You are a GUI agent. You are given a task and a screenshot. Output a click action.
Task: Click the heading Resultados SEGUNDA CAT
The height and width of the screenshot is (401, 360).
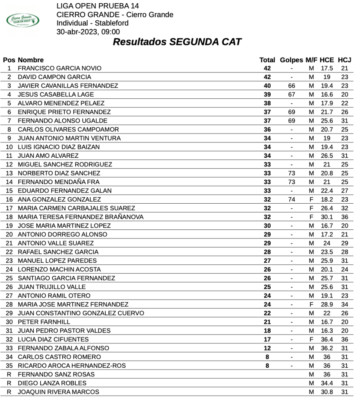pos(177,42)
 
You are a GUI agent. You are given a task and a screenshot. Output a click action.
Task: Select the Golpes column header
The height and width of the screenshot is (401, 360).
pos(291,60)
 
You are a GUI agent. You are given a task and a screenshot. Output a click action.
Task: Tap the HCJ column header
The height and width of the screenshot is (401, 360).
pos(344,60)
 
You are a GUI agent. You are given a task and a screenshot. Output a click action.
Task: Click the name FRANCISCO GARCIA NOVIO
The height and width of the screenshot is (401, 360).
pos(60,69)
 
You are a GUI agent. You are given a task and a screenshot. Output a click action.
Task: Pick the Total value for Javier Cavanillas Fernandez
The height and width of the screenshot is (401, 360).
pos(267,86)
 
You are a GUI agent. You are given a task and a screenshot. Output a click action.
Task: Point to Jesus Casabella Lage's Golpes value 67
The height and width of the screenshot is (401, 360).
pos(291,94)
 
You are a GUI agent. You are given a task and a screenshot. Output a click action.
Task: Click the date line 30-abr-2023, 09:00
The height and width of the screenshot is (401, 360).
pos(88,32)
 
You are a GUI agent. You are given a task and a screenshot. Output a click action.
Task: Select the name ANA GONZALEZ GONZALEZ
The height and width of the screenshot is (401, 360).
pos(59,199)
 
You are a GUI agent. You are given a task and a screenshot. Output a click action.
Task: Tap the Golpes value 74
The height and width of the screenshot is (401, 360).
pos(291,199)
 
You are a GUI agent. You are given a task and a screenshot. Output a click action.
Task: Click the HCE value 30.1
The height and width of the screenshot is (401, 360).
pos(327,217)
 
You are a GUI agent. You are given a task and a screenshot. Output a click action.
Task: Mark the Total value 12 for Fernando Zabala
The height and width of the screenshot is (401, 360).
pos(267,348)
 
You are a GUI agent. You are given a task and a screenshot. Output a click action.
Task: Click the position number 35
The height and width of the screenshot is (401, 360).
pos(9,366)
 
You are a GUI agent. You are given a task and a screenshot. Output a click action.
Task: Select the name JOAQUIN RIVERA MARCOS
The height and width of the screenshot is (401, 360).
pos(58,392)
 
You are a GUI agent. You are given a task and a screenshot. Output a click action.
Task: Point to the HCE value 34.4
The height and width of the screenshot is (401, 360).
pos(327,383)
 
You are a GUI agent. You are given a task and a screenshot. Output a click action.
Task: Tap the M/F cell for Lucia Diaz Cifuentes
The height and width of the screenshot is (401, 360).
pos(311,340)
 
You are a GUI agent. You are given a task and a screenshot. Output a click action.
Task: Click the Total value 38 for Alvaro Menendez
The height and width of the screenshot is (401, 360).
pos(267,103)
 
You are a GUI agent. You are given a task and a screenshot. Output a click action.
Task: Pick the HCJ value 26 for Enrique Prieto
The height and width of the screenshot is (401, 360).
pos(344,112)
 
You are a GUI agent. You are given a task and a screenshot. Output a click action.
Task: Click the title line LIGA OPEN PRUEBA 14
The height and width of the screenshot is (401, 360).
pos(98,6)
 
